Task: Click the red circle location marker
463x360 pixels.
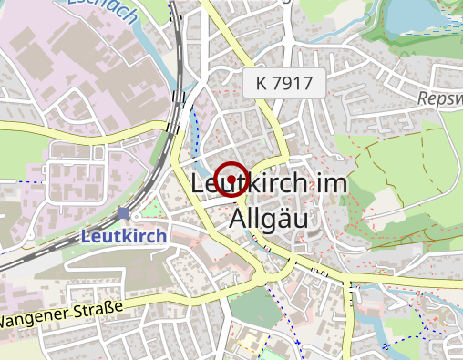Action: (x=232, y=179)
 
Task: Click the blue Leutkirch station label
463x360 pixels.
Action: (x=124, y=235)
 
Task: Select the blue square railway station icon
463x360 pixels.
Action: (x=124, y=213)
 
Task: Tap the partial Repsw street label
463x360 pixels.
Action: (x=440, y=98)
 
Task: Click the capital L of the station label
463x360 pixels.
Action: (x=87, y=235)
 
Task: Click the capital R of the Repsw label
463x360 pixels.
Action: (x=423, y=98)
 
